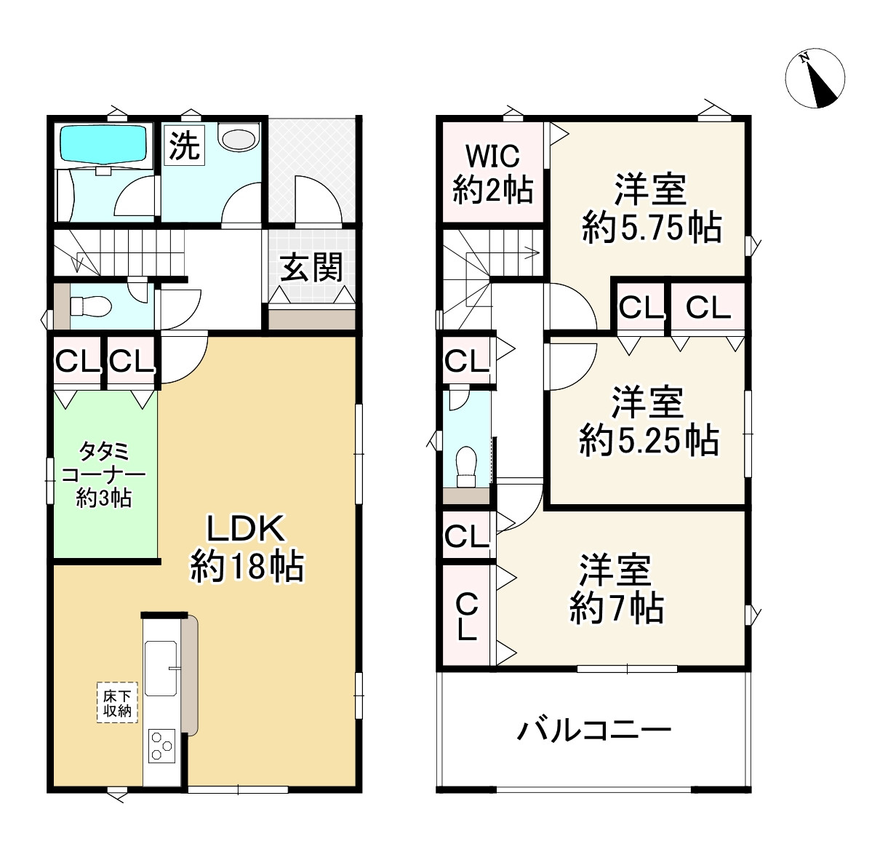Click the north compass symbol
(815, 79)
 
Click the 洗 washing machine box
(184, 146)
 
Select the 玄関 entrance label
(311, 268)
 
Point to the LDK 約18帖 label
(247, 547)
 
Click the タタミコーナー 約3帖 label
(104, 475)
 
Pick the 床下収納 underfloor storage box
(117, 703)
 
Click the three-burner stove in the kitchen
(162, 746)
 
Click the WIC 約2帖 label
(492, 173)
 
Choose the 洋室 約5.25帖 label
(648, 422)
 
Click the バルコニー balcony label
(593, 730)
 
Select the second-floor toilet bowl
(465, 462)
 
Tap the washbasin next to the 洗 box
(239, 137)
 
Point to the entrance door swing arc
(318, 198)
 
